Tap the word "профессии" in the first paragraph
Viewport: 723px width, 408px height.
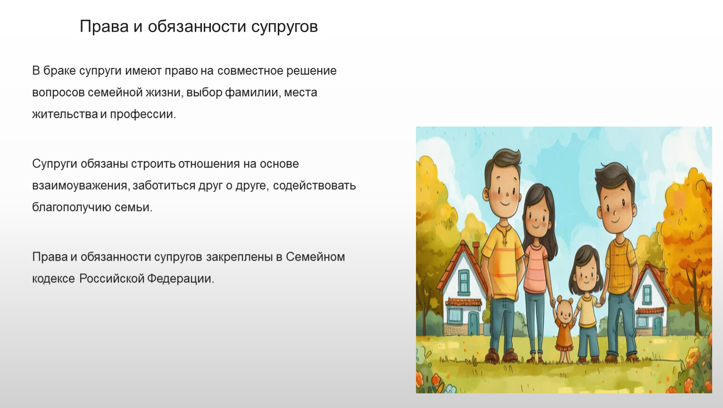click(x=143, y=114)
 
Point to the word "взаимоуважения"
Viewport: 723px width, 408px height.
click(x=81, y=186)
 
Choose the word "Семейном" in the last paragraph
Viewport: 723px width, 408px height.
click(x=316, y=257)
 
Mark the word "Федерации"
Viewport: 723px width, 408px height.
click(x=181, y=279)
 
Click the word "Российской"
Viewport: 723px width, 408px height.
click(x=112, y=279)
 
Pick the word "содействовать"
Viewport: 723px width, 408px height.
click(x=315, y=186)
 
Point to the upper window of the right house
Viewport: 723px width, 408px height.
click(x=647, y=294)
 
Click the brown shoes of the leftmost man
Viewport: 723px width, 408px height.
click(x=501, y=356)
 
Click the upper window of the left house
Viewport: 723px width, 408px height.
click(x=464, y=282)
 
